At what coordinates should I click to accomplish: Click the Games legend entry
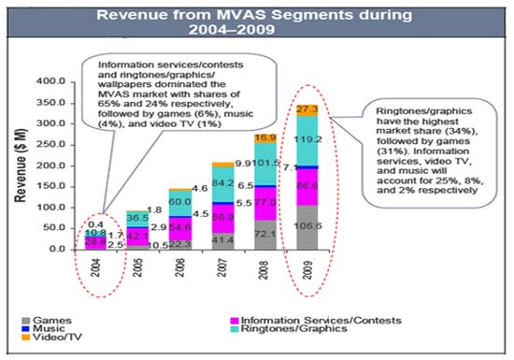pos(42,320)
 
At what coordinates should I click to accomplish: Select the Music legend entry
pos(42,329)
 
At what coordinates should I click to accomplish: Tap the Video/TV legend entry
pos(47,339)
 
